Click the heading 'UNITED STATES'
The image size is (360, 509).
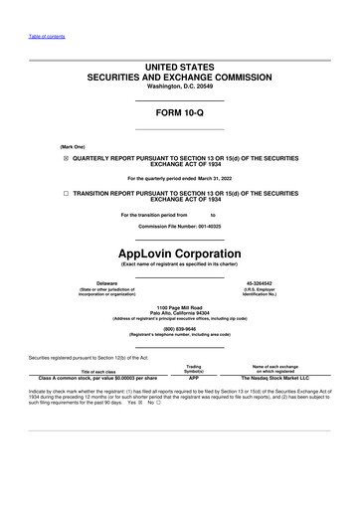click(x=180, y=65)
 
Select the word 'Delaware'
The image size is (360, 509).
click(x=99, y=255)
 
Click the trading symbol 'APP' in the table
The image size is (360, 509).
click(x=194, y=378)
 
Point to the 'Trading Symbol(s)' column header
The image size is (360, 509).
click(x=194, y=368)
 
